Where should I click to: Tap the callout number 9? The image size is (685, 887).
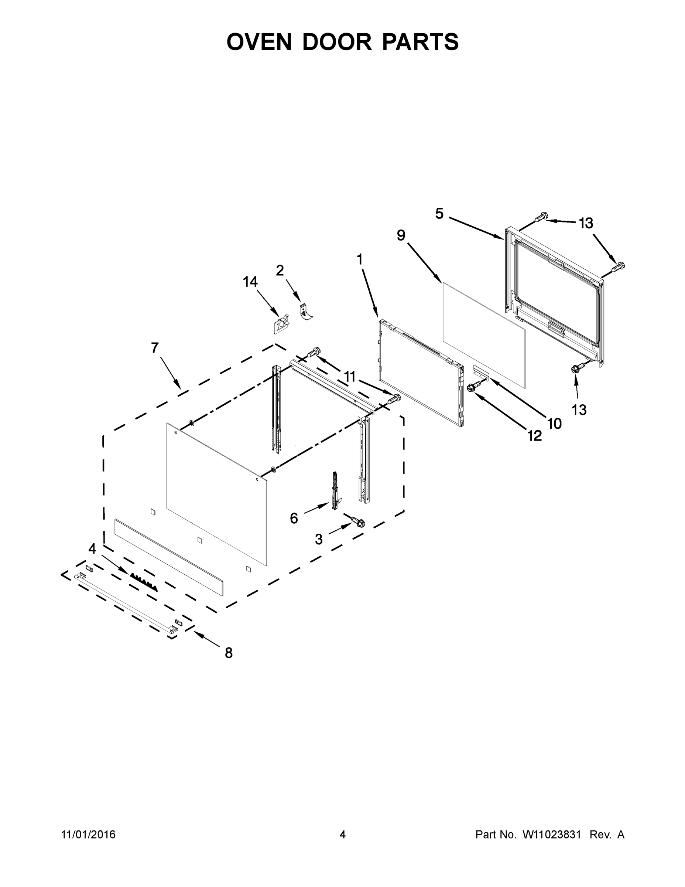click(401, 235)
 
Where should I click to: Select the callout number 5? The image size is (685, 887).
click(439, 214)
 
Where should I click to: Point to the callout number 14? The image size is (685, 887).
click(250, 282)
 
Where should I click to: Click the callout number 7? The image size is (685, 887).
click(155, 348)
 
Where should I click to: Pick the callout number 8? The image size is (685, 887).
click(229, 653)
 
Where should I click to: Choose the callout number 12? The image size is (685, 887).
click(534, 436)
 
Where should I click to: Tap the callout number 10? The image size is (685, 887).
click(554, 424)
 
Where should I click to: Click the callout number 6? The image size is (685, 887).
click(294, 518)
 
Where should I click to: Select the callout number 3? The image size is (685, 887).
click(319, 539)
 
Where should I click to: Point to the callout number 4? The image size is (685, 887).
click(93, 549)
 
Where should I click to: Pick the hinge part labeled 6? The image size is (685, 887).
click(335, 492)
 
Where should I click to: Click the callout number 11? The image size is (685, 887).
click(349, 377)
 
